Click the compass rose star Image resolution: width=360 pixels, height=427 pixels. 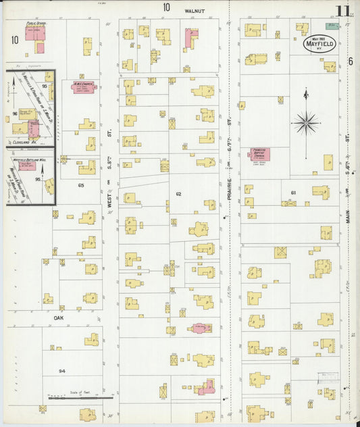click(306, 123)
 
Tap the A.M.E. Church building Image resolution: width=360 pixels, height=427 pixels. click(83, 89)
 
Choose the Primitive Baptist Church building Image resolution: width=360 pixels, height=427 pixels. click(259, 155)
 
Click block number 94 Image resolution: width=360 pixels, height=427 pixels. click(62, 371)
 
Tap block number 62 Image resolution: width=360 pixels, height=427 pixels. click(178, 194)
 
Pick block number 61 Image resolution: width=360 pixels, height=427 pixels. click(293, 193)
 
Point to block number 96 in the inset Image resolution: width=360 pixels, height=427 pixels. click(15, 114)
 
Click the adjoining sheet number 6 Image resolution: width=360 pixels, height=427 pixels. click(351, 61)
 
